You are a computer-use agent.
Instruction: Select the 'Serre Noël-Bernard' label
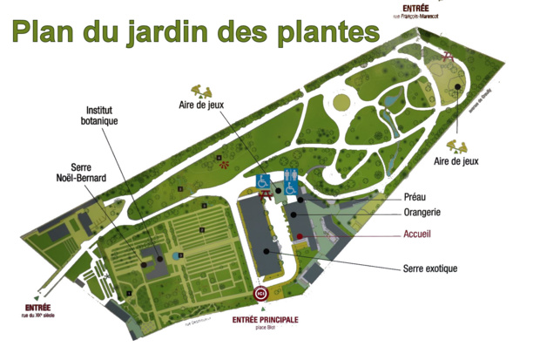click(x=77, y=172)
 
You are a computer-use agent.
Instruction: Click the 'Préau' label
click(x=416, y=197)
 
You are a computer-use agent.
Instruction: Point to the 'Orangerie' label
click(x=427, y=212)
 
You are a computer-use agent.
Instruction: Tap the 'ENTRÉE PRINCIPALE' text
click(x=266, y=319)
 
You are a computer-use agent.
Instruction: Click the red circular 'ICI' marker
click(x=259, y=295)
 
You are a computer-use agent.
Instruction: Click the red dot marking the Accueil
click(x=299, y=236)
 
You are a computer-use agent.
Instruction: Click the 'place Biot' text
click(x=266, y=328)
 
